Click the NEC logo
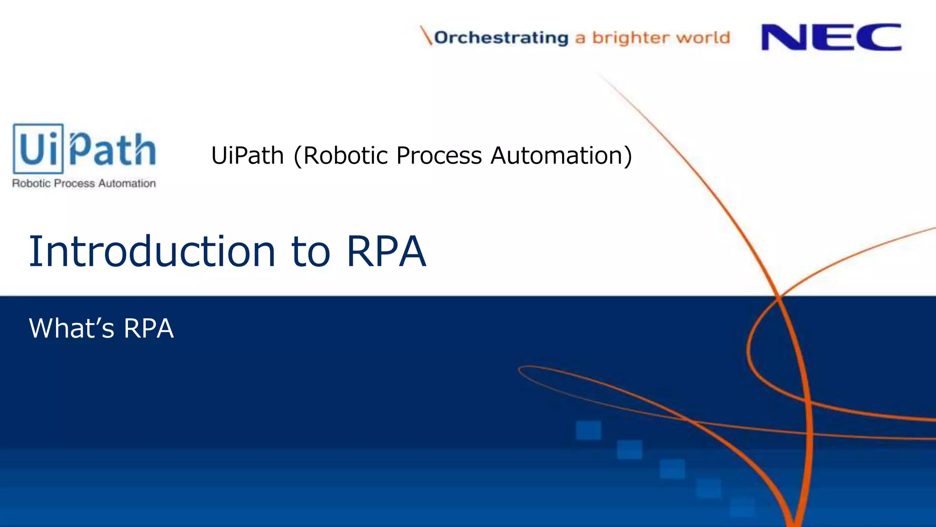pyautogui.click(x=831, y=37)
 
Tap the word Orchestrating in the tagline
pyautogui.click(x=501, y=38)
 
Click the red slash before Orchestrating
pyautogui.click(x=426, y=36)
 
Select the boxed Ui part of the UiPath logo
pyautogui.click(x=38, y=149)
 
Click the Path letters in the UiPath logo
pyautogui.click(x=112, y=149)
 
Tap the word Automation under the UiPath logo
pyautogui.click(x=127, y=183)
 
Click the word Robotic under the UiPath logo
pyautogui.click(x=31, y=183)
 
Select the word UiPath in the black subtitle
pyautogui.click(x=247, y=156)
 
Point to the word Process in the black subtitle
pyautogui.click(x=439, y=156)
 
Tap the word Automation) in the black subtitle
pyautogui.click(x=561, y=156)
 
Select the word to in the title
pyautogui.click(x=310, y=252)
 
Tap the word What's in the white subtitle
pyautogui.click(x=71, y=328)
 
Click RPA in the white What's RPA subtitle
pyautogui.click(x=149, y=328)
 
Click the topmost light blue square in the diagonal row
pyautogui.click(x=588, y=430)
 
